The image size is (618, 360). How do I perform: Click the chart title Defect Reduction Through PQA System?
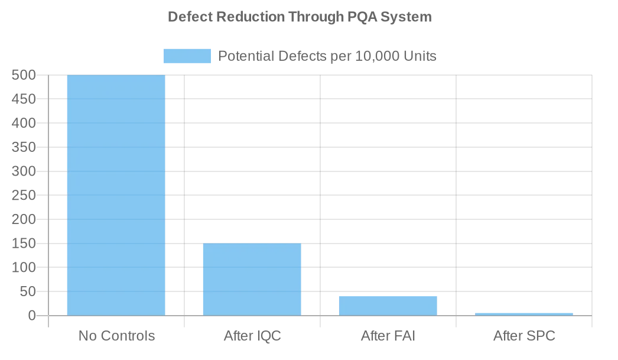pyautogui.click(x=300, y=17)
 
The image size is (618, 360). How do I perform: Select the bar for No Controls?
pyautogui.click(x=116, y=195)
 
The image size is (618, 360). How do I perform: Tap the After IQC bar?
pyautogui.click(x=252, y=279)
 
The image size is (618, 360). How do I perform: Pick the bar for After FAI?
pyautogui.click(x=388, y=306)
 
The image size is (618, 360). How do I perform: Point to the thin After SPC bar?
pyautogui.click(x=523, y=314)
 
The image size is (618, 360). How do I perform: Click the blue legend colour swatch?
pyautogui.click(x=187, y=56)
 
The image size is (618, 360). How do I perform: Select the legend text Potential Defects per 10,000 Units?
pyautogui.click(x=327, y=56)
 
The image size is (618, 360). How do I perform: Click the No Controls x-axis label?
pyautogui.click(x=116, y=336)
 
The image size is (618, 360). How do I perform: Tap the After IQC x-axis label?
pyautogui.click(x=252, y=336)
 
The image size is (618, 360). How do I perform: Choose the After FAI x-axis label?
pyautogui.click(x=388, y=336)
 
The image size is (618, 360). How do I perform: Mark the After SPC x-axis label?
pyautogui.click(x=524, y=336)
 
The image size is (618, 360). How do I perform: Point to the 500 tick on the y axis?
pyautogui.click(x=24, y=75)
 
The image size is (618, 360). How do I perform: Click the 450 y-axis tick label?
pyautogui.click(x=24, y=99)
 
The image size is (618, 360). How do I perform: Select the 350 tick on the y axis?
pyautogui.click(x=24, y=147)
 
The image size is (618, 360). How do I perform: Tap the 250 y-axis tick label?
pyautogui.click(x=24, y=195)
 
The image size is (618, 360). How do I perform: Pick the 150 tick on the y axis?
pyautogui.click(x=24, y=244)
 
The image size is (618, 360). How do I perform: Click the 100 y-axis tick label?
pyautogui.click(x=24, y=268)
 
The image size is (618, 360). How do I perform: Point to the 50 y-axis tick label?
pyautogui.click(x=28, y=291)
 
